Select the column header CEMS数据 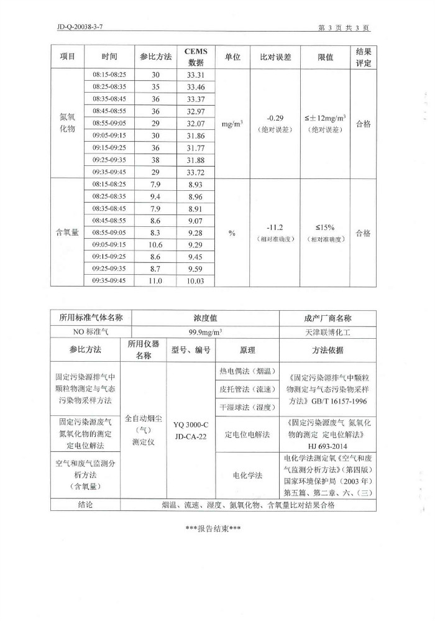(196, 57)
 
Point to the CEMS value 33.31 (196, 75)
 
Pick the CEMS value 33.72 (196, 172)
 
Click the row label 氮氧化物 (67, 123)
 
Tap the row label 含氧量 (67, 233)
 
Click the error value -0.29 (275, 117)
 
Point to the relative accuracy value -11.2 (275, 228)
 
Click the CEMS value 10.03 (196, 282)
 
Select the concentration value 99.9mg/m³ (205, 332)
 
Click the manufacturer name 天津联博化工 (327, 332)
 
